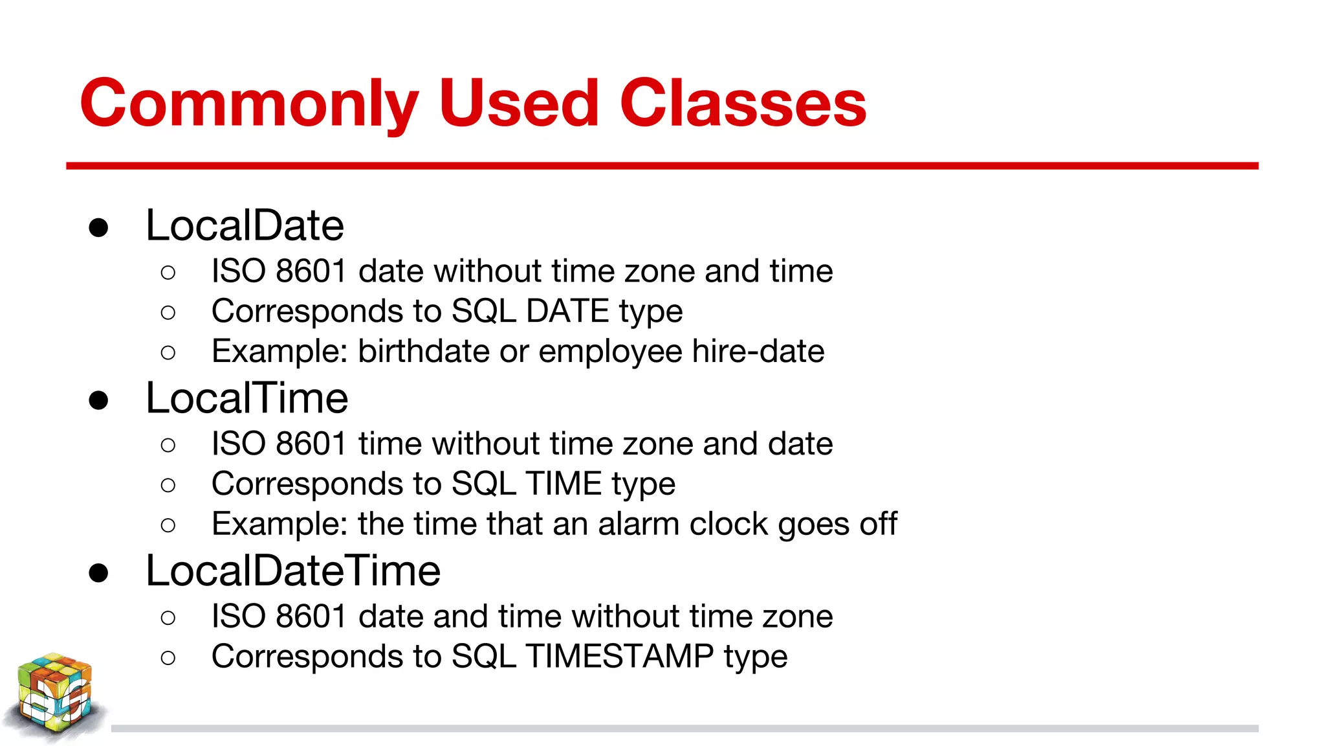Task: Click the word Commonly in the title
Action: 249,104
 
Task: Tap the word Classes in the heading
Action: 743,104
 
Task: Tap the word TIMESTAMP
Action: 620,656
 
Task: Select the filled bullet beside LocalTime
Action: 98,400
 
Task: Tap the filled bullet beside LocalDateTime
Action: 98,573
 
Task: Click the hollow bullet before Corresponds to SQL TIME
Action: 168,485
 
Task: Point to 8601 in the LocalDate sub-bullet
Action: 311,271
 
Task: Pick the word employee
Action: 610,352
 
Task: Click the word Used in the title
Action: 519,104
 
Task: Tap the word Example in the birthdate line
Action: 279,351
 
